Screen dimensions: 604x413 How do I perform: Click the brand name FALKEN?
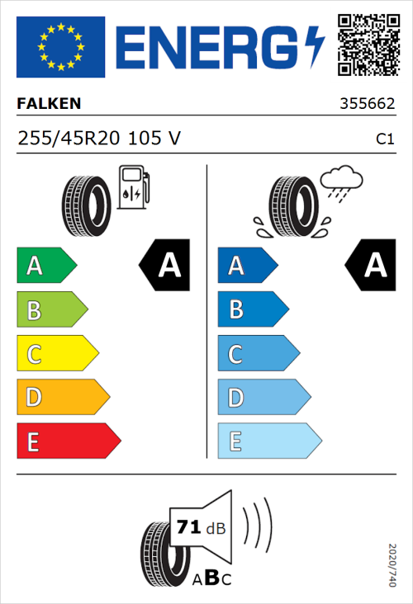coord(50,104)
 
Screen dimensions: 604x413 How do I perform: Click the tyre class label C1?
coord(384,139)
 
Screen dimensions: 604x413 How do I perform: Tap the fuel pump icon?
coord(132,187)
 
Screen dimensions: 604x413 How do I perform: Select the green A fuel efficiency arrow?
coord(46,266)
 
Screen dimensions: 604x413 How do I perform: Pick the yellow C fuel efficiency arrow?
coord(56,354)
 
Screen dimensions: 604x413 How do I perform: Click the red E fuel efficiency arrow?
coord(68,441)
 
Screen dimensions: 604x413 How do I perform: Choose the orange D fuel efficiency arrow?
coord(62,398)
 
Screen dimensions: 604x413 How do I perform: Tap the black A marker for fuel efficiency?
coord(165,266)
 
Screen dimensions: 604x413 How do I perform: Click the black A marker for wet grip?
coord(372,266)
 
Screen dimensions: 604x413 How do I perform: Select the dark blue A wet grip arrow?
coord(247,266)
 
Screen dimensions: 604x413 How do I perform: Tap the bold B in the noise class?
coord(211,578)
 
